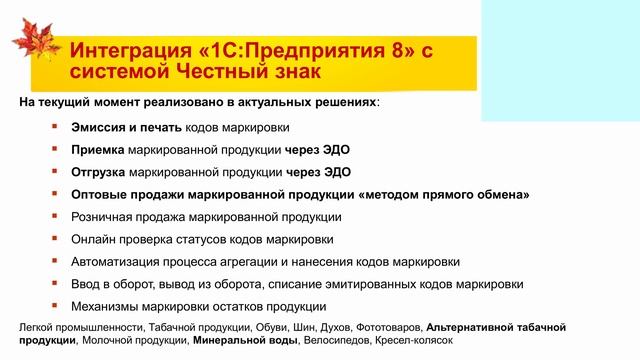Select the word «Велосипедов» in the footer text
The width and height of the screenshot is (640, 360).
(334, 341)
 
